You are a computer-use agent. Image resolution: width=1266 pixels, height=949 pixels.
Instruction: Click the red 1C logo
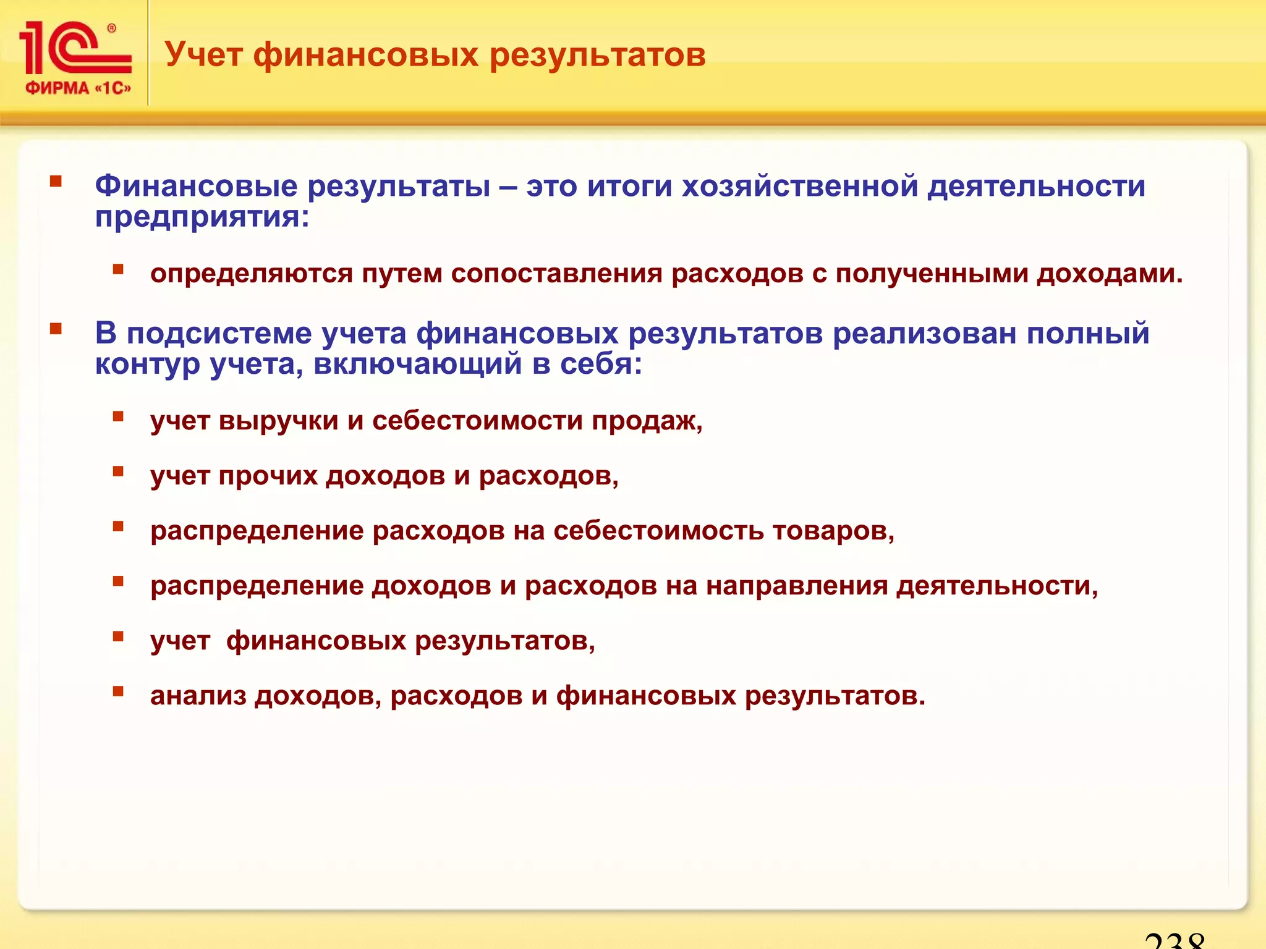(74, 48)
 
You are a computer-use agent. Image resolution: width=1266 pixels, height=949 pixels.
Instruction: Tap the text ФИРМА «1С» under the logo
(78, 88)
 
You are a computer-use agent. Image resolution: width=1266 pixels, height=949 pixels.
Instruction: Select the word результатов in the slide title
(597, 54)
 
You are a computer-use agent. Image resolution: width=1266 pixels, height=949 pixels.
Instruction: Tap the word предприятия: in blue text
(202, 217)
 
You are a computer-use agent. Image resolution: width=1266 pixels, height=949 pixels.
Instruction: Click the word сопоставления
(556, 274)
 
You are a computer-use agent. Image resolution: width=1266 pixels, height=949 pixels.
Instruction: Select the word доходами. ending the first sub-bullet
(1110, 274)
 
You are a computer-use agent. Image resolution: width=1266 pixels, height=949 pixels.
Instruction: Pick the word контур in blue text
(148, 364)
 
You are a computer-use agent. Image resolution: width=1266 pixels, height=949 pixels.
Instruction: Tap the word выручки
(278, 421)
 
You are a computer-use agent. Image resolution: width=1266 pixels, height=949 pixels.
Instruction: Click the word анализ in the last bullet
(198, 696)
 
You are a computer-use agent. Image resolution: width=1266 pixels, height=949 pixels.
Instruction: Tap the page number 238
(1174, 940)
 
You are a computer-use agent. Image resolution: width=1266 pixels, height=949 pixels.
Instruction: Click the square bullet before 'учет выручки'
(118, 416)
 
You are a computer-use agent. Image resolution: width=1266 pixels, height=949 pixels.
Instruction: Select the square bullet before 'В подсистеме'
(56, 329)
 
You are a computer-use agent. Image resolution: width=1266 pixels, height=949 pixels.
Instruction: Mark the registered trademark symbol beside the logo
(111, 28)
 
